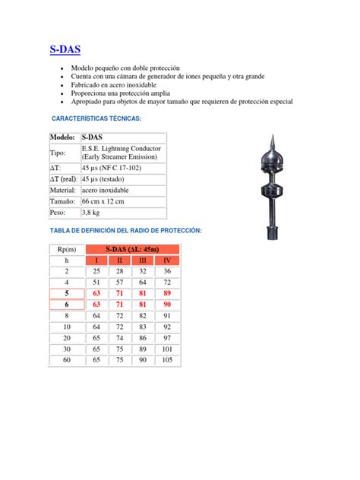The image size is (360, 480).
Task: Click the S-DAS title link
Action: point(65,50)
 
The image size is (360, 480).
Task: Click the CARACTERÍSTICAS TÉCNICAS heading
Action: point(96,119)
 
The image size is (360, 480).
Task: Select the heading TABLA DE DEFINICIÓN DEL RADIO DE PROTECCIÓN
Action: point(126,230)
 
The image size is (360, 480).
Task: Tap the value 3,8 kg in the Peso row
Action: point(94,213)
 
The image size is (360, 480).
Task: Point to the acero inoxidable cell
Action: point(105,189)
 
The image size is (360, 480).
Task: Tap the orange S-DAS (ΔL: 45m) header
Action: point(131,249)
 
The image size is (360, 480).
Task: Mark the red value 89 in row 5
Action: point(167,292)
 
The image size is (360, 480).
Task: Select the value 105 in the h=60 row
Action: point(167,358)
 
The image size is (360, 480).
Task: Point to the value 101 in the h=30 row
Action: point(167,348)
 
